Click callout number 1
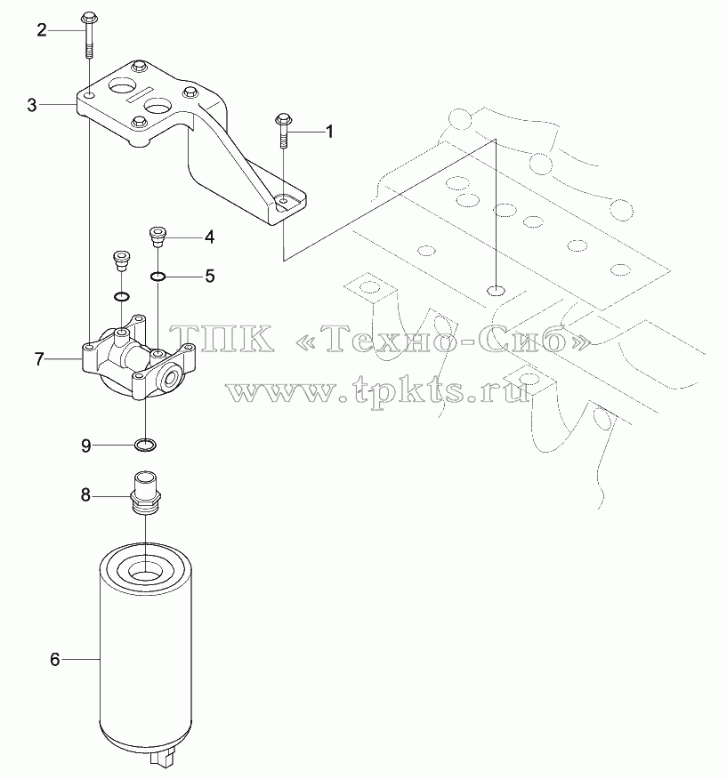[x=328, y=132]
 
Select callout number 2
[x=42, y=30]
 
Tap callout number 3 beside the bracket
[x=32, y=105]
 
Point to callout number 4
[x=210, y=237]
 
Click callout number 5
[x=210, y=276]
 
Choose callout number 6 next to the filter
[x=54, y=659]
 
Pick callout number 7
[x=39, y=358]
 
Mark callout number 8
[x=85, y=495]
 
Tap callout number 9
[x=86, y=446]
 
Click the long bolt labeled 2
[x=89, y=35]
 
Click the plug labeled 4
[x=158, y=237]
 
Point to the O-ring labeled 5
[x=158, y=277]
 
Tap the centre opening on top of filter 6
[x=145, y=570]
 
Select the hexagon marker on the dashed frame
[x=497, y=290]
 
